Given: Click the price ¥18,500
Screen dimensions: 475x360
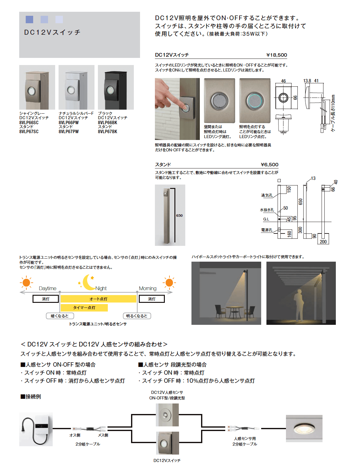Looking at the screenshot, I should (276, 55).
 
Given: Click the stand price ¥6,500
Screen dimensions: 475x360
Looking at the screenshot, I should (269, 165).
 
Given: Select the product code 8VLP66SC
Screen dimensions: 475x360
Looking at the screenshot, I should (29, 123).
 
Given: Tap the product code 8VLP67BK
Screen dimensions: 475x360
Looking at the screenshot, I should (108, 132).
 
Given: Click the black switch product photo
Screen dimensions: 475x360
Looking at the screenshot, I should (116, 87).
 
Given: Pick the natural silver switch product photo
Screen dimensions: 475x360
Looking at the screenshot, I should (76, 87).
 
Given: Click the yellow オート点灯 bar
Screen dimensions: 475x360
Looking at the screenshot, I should (98, 299).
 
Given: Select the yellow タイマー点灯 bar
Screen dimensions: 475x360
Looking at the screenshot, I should (84, 307).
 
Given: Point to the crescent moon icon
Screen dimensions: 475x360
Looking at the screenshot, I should (88, 282).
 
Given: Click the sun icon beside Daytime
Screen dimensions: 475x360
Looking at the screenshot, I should (26, 282).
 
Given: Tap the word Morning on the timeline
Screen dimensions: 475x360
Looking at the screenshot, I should (147, 288).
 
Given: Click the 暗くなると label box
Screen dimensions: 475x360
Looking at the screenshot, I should (60, 316).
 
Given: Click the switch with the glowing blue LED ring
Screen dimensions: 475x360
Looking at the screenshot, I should (255, 100).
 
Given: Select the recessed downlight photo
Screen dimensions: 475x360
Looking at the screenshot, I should (304, 429).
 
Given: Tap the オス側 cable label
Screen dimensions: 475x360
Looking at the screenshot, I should (75, 435).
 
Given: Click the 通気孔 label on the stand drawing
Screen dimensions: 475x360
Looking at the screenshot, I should (267, 195).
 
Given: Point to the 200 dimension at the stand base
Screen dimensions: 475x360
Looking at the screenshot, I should (323, 242).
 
